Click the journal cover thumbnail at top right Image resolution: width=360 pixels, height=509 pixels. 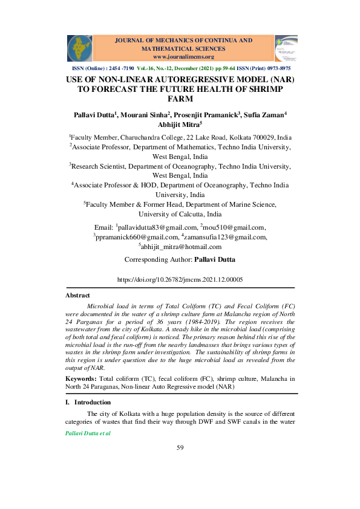(x=286, y=48)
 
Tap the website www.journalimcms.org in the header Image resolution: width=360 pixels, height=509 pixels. (x=179, y=57)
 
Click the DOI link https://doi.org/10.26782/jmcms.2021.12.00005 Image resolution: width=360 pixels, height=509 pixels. (x=179, y=280)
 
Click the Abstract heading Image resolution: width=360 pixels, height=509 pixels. (x=77, y=296)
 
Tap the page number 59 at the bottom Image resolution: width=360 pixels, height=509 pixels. (x=180, y=447)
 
